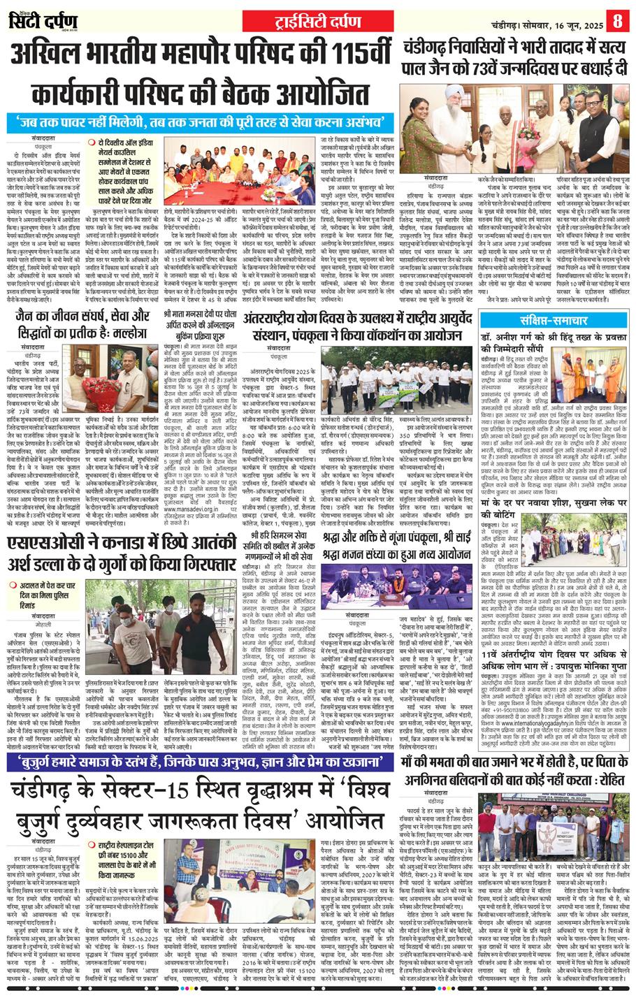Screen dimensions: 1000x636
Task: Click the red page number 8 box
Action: click(x=618, y=19)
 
